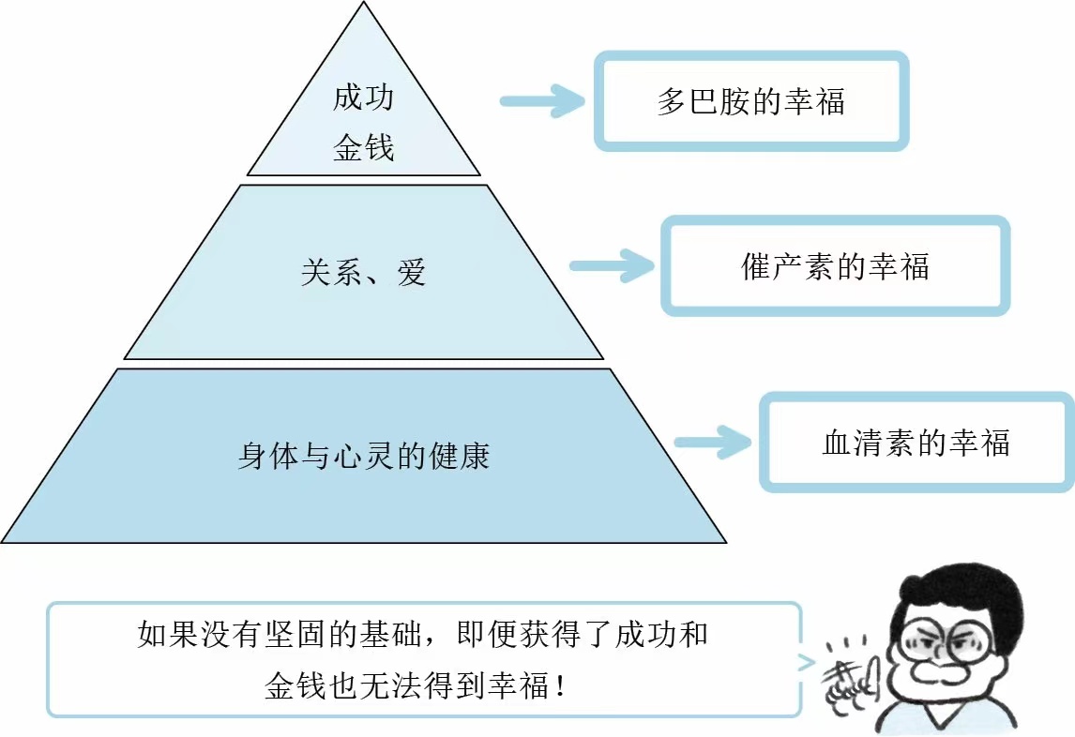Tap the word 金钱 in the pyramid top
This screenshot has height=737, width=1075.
[x=363, y=148]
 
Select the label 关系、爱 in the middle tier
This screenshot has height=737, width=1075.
[x=363, y=272]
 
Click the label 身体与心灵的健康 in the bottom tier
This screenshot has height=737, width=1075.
[x=363, y=457]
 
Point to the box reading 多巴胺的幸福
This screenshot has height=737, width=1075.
[x=751, y=101]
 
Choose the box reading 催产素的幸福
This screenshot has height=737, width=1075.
[x=835, y=266]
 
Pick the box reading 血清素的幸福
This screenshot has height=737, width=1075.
[x=916, y=442]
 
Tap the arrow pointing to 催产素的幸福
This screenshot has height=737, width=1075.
[x=611, y=266]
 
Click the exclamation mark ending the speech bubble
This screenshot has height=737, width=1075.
[x=561, y=687]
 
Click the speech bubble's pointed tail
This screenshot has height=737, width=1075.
[x=807, y=664]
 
